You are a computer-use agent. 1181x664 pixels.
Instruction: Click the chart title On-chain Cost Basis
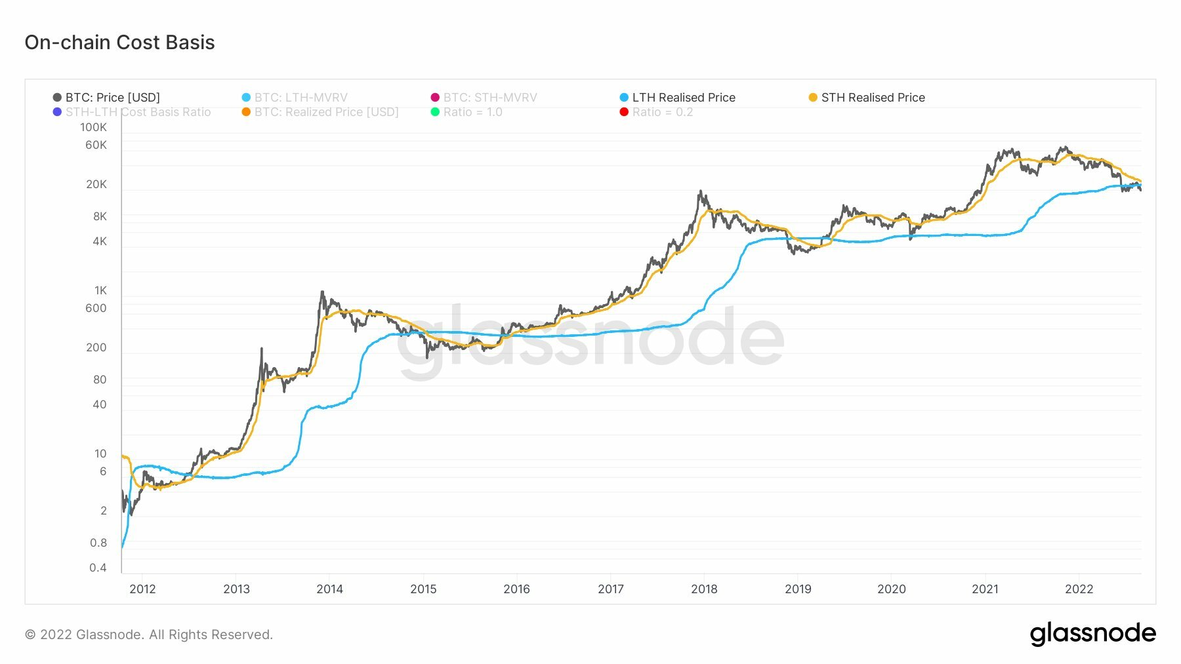pyautogui.click(x=119, y=43)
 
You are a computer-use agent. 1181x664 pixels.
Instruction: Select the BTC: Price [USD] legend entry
pyautogui.click(x=112, y=98)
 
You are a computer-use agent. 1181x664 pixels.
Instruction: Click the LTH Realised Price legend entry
pyautogui.click(x=683, y=98)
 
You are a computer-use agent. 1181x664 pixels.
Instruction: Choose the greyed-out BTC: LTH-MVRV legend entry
pyautogui.click(x=300, y=98)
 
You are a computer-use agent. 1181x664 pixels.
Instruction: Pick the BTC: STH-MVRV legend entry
pyautogui.click(x=489, y=98)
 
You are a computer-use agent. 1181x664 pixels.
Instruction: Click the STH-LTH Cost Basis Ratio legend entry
pyautogui.click(x=138, y=112)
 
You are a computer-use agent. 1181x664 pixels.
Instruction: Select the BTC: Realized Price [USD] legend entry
pyautogui.click(x=326, y=112)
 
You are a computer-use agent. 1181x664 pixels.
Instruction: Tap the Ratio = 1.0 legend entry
pyautogui.click(x=472, y=112)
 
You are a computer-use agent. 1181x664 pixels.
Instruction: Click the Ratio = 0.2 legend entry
pyautogui.click(x=662, y=112)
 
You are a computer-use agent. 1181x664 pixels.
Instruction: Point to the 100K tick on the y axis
pyautogui.click(x=93, y=127)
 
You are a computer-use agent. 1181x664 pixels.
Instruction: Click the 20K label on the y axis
pyautogui.click(x=96, y=184)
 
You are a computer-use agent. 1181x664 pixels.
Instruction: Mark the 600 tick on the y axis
pyautogui.click(x=96, y=308)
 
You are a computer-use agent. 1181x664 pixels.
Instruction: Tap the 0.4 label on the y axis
pyautogui.click(x=98, y=568)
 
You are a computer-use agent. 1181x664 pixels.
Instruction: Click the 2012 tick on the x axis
pyautogui.click(x=142, y=589)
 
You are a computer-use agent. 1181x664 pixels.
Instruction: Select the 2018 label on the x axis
pyautogui.click(x=704, y=589)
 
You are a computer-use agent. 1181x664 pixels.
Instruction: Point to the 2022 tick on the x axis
pyautogui.click(x=1079, y=589)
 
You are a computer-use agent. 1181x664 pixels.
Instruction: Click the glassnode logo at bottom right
pyautogui.click(x=1092, y=634)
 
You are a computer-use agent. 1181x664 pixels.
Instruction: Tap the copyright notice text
pyautogui.click(x=149, y=635)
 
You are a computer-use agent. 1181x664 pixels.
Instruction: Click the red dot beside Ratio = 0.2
pyautogui.click(x=624, y=112)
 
